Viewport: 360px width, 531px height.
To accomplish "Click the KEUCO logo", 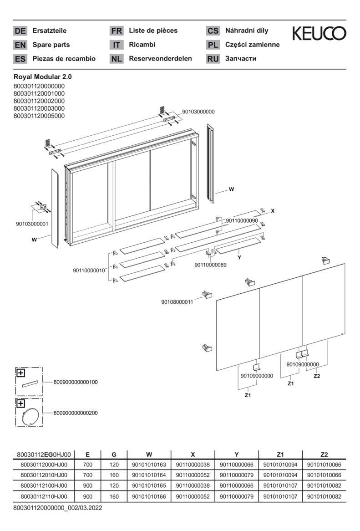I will (319, 33).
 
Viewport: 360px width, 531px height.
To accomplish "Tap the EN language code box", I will (20, 45).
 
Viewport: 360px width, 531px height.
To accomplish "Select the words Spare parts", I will (51, 45).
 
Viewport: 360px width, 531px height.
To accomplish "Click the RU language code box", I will (213, 59).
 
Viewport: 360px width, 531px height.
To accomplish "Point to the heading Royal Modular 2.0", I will (43, 77).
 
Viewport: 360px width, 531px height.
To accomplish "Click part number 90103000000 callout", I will (198, 112).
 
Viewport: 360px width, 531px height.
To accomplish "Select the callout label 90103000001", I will (32, 224).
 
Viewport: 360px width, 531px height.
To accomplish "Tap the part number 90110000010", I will (89, 271).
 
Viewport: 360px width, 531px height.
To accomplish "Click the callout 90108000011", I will (177, 301).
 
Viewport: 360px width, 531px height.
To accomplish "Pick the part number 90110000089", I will (210, 265).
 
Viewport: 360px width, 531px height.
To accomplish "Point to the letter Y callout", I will (238, 258).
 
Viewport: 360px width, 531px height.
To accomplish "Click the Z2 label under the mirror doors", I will (317, 376).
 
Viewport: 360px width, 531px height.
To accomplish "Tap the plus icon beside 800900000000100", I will (20, 373).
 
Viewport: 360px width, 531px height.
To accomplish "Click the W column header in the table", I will (149, 454).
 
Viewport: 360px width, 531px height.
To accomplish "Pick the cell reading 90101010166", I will (149, 496).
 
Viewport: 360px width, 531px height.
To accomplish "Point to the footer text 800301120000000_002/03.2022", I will (57, 507).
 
